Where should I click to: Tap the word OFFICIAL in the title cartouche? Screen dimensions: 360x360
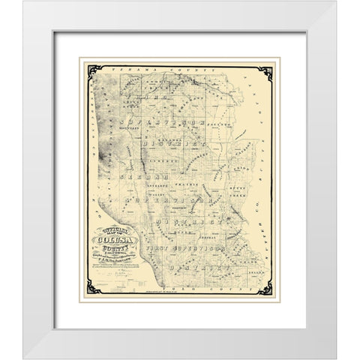(x=103, y=228)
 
